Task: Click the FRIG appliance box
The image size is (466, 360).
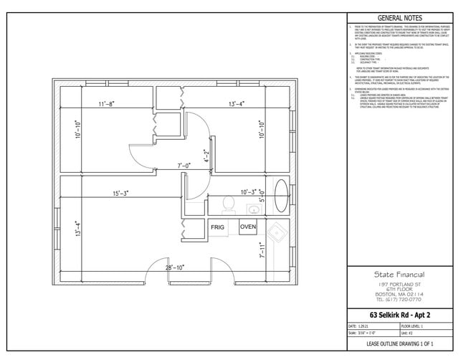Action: (218, 227)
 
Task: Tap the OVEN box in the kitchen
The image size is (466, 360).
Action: (248, 227)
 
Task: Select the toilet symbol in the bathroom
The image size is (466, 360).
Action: (229, 204)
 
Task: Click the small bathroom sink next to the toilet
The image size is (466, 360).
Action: (253, 209)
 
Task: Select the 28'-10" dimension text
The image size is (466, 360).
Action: (174, 267)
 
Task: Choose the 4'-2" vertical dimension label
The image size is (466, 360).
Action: (206, 156)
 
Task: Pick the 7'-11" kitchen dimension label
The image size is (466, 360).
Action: (262, 251)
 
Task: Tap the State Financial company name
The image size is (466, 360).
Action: (399, 274)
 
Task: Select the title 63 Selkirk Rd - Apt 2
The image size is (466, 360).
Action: (399, 315)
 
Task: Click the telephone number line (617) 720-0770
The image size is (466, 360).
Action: (399, 299)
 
